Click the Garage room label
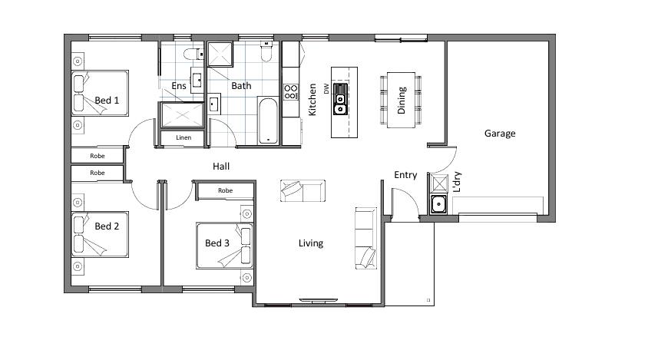tap(500, 134)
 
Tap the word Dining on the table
tap(402, 101)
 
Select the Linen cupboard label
tap(183, 137)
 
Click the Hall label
tap(221, 166)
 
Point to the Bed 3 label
tap(217, 243)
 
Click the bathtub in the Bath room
tap(268, 121)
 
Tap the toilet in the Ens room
tap(193, 54)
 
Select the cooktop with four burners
tap(291, 92)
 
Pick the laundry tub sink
tap(438, 203)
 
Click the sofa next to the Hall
tap(303, 190)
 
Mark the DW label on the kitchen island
tap(326, 88)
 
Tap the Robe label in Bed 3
tap(225, 190)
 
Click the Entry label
tap(405, 175)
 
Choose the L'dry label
tap(457, 182)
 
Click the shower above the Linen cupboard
tap(182, 115)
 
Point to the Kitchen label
tap(312, 100)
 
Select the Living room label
tap(311, 243)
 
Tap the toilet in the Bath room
tap(266, 51)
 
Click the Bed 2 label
tap(107, 226)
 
